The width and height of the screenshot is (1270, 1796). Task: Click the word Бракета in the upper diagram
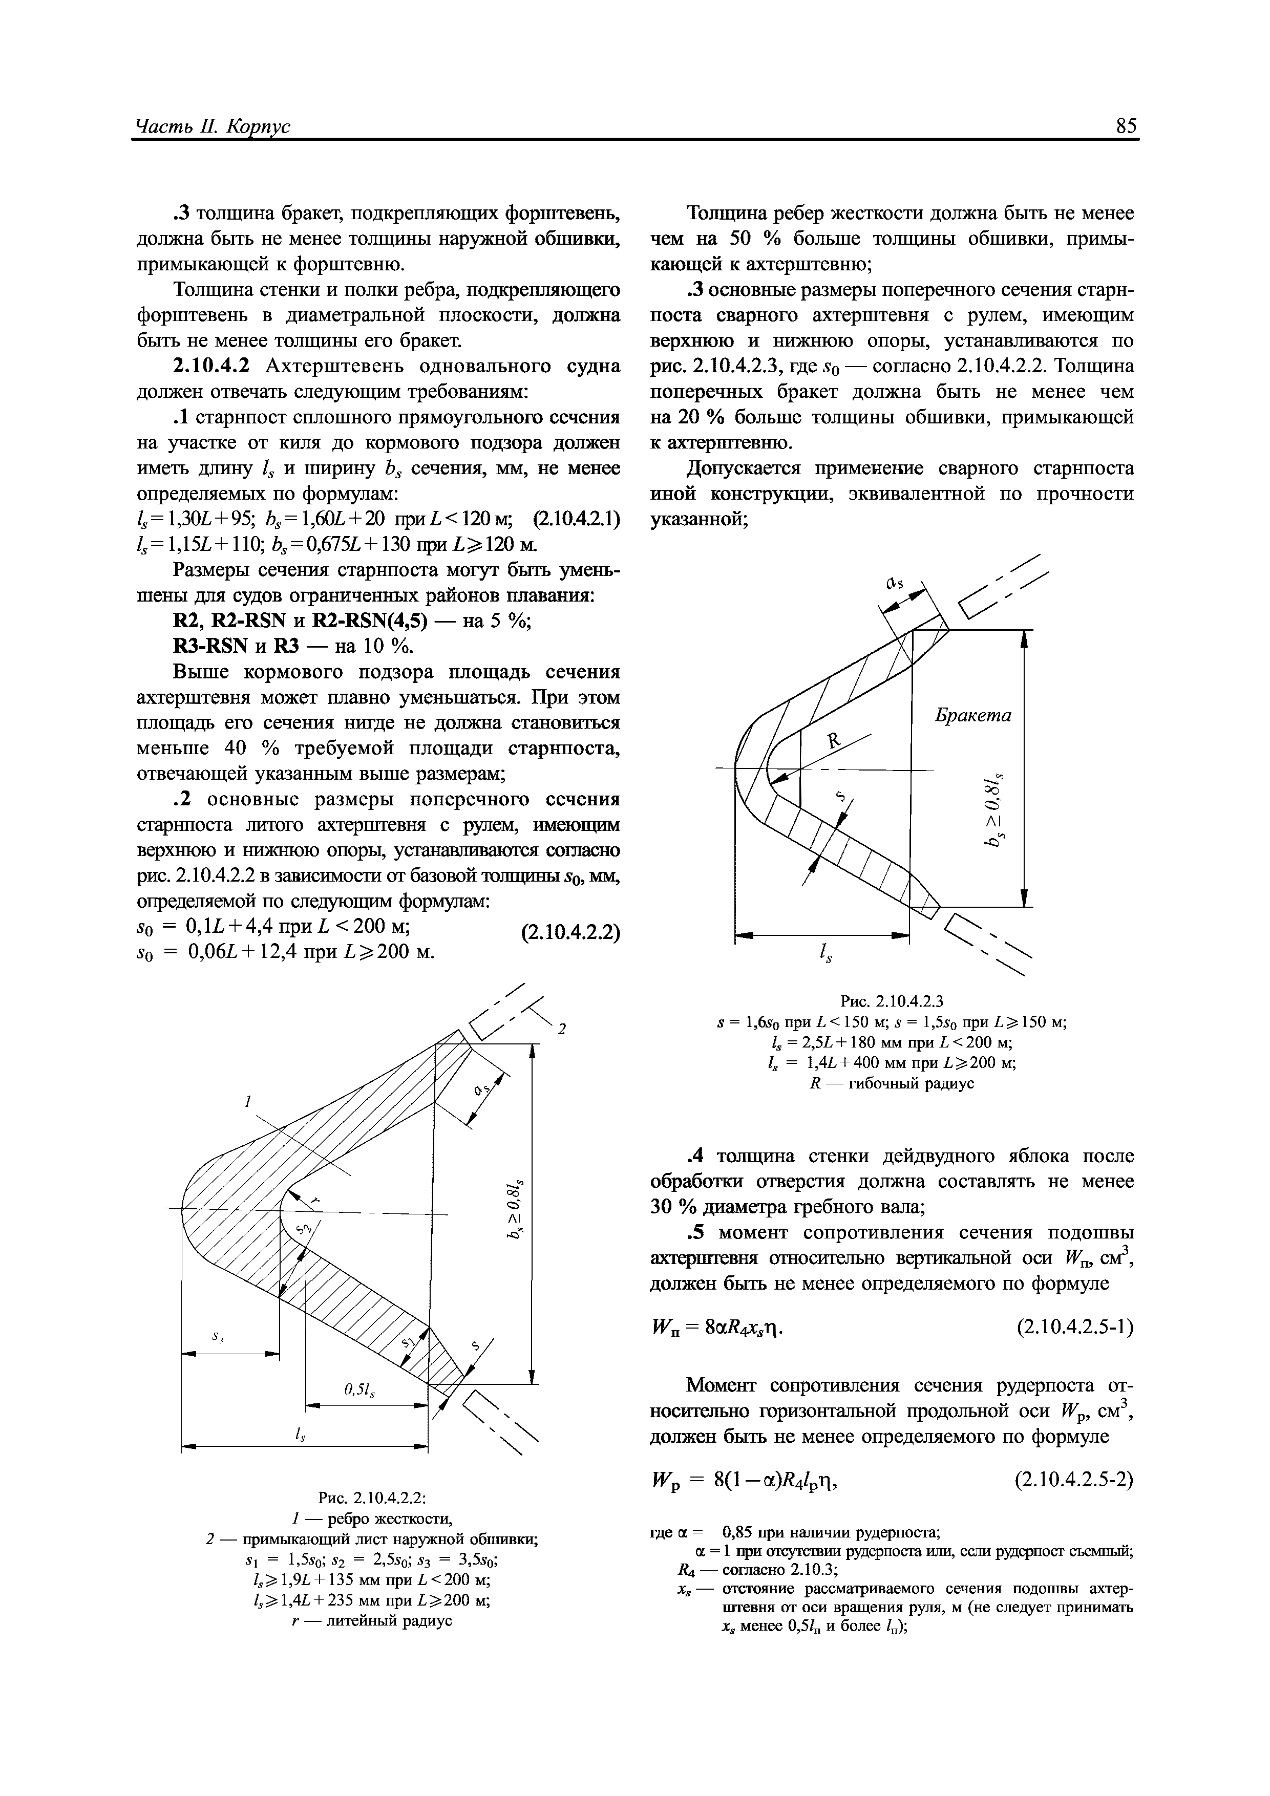pyautogui.click(x=973, y=715)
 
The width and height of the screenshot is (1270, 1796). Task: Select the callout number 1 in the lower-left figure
pyautogui.click(x=247, y=1101)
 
